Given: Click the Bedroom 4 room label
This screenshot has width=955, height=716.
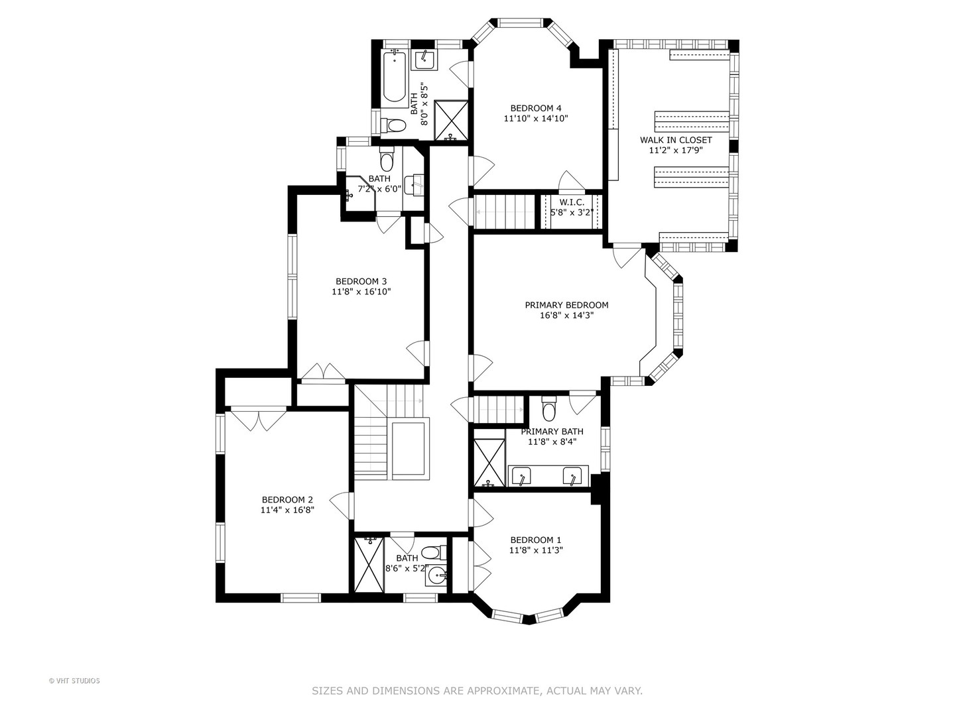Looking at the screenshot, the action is coord(536,108).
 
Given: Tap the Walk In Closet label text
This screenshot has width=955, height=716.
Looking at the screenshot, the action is coord(676,140).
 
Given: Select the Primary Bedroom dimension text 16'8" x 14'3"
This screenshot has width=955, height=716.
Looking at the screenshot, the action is coord(566,315).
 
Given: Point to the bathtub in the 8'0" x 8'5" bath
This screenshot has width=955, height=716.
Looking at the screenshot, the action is coord(395,76).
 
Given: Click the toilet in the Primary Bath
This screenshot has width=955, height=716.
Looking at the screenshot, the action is coord(549,408).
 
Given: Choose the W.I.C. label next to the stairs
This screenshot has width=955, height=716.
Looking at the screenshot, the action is coord(572,203).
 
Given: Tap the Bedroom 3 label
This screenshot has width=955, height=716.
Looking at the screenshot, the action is coord(361,281).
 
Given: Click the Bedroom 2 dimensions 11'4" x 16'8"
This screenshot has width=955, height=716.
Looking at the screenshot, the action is coord(287,510).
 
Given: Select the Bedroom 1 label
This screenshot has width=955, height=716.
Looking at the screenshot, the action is coord(536,540).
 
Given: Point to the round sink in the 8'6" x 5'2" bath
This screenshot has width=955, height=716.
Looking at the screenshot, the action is coord(436,577).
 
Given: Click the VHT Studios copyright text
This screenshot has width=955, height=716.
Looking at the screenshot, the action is coord(74,681).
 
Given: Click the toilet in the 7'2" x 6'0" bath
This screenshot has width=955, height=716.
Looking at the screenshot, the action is coord(386,159).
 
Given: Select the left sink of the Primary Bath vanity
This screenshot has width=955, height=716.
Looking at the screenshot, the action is coord(521,476).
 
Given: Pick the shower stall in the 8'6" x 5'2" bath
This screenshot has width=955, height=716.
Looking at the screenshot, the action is coord(369,565).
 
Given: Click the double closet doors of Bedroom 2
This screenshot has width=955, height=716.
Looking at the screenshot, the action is coord(259,420).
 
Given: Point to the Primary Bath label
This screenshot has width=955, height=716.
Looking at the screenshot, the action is coord(552,431).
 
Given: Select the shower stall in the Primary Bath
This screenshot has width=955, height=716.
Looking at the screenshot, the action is coord(489,463).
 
